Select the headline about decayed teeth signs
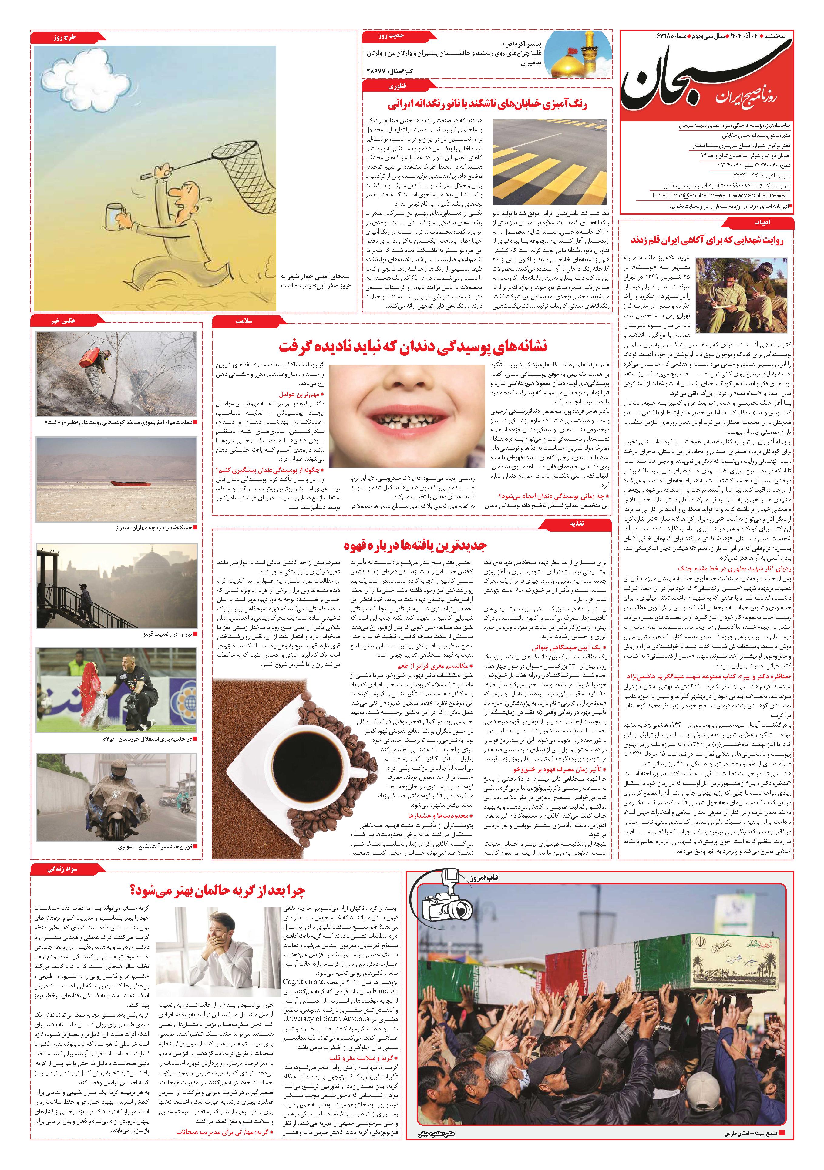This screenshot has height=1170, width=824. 413,347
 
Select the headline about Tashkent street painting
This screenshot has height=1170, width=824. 487,104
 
